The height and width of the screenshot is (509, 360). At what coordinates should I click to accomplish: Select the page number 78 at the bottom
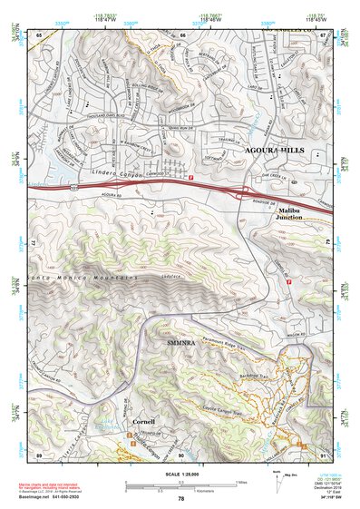tap(180, 499)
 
